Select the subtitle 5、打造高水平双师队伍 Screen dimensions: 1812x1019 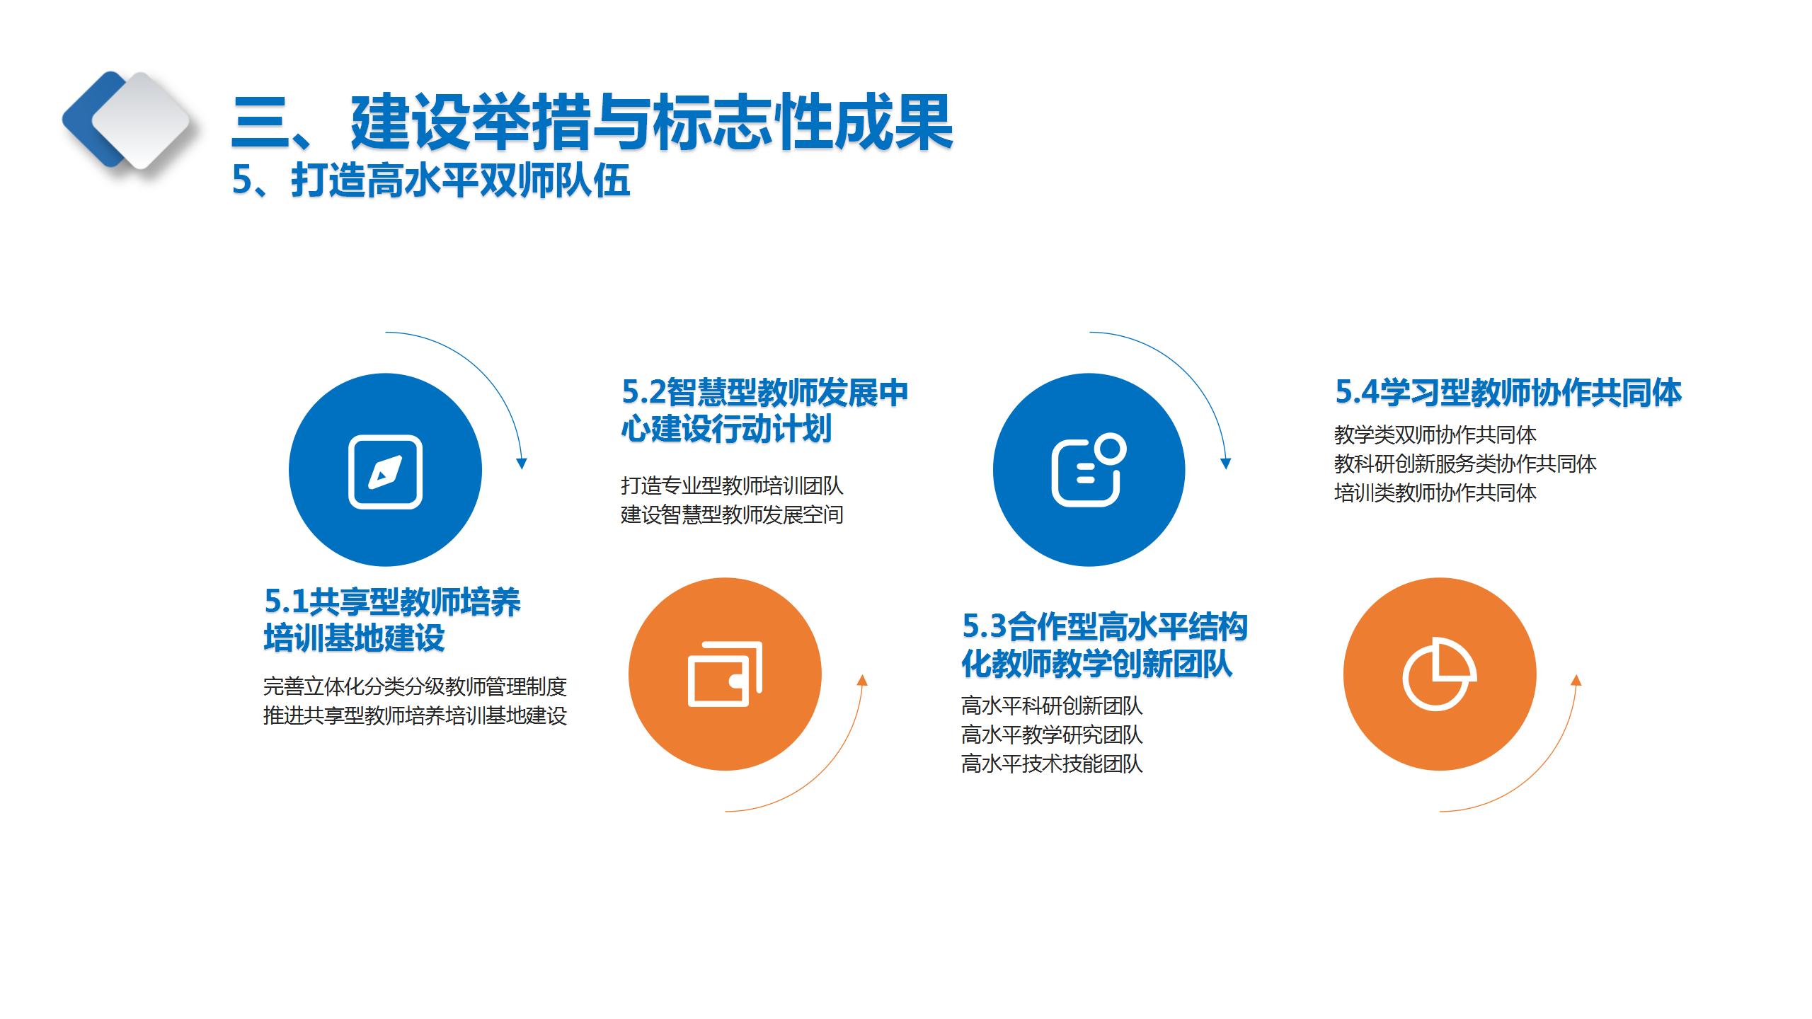point(431,180)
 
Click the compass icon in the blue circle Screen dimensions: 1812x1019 point(385,471)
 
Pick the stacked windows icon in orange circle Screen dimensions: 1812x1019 point(725,674)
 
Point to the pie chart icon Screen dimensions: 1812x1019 point(1440,674)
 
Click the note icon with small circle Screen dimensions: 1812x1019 point(1089,470)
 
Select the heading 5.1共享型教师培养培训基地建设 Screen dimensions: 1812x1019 point(392,620)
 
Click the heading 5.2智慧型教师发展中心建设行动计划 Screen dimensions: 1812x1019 point(764,410)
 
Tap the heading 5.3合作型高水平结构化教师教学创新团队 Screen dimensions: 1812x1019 point(1104,645)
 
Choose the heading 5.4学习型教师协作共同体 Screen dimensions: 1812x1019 point(1508,392)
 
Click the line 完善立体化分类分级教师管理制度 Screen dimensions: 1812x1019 point(415,686)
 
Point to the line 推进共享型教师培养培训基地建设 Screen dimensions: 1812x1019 point(415,715)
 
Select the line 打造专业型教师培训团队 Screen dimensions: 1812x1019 point(732,485)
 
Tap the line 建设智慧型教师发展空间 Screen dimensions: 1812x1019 point(732,514)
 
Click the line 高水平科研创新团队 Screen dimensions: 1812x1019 point(1052,706)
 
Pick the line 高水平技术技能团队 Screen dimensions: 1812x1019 point(1052,764)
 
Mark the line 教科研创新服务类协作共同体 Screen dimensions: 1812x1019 point(1465,464)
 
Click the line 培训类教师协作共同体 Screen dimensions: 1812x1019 point(1435,493)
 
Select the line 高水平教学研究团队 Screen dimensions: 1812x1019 point(1052,735)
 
